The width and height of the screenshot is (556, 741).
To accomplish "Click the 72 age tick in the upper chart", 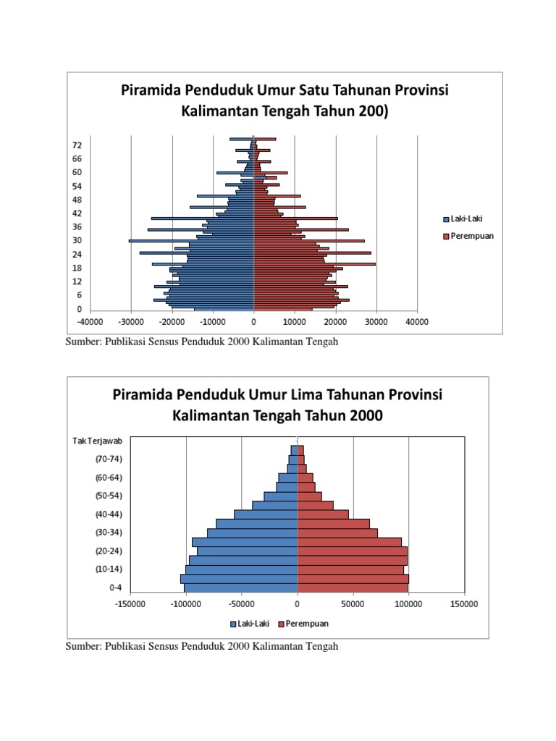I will point(77,145).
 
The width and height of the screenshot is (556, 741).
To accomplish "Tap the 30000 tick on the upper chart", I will point(376,322).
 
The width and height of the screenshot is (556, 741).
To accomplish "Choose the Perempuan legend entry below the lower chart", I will point(303,623).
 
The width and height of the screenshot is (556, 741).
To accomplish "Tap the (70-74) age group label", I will point(109,458).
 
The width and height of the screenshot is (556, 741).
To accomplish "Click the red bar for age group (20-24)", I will point(352,551).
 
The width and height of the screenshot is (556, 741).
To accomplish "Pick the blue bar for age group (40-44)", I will point(266,514).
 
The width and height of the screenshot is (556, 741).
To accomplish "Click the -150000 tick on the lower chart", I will point(131,603).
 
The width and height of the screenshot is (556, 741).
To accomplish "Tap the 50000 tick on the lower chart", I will point(353,603).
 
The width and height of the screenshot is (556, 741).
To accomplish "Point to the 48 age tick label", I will point(77,200).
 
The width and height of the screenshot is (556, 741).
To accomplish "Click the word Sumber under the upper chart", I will point(82,342).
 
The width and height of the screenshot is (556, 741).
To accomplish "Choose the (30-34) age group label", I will point(109,533).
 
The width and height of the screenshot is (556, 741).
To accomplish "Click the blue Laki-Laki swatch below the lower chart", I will point(233,623).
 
